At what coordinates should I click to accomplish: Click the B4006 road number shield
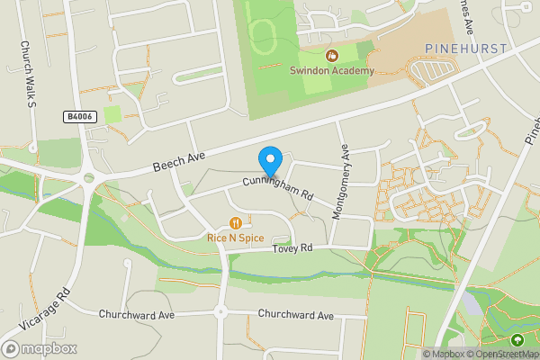pyautogui.click(x=79, y=117)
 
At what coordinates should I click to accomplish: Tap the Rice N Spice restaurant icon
pyautogui.click(x=235, y=222)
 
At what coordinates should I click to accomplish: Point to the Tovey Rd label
pyautogui.click(x=293, y=247)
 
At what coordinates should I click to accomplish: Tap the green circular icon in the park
pyautogui.click(x=517, y=340)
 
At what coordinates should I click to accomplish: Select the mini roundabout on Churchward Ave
pyautogui.click(x=220, y=312)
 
